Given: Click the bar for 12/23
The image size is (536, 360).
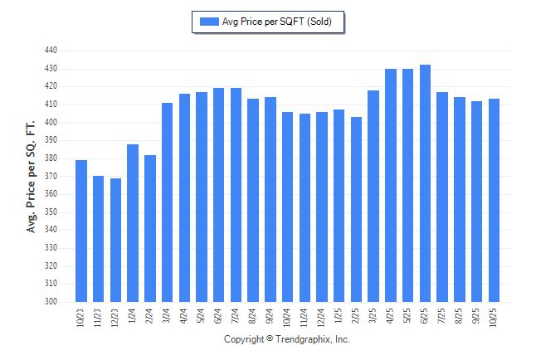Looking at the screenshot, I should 115,240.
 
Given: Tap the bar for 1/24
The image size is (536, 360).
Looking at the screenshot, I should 133,223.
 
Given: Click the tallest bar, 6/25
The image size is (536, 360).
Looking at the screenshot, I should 425,183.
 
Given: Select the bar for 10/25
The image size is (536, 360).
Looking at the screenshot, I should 494,200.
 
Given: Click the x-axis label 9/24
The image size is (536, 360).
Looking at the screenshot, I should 270,315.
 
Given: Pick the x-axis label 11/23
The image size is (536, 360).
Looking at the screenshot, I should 99,317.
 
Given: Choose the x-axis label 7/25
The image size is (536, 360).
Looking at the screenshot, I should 442,315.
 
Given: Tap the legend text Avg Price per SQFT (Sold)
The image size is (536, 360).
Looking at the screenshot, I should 277,22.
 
